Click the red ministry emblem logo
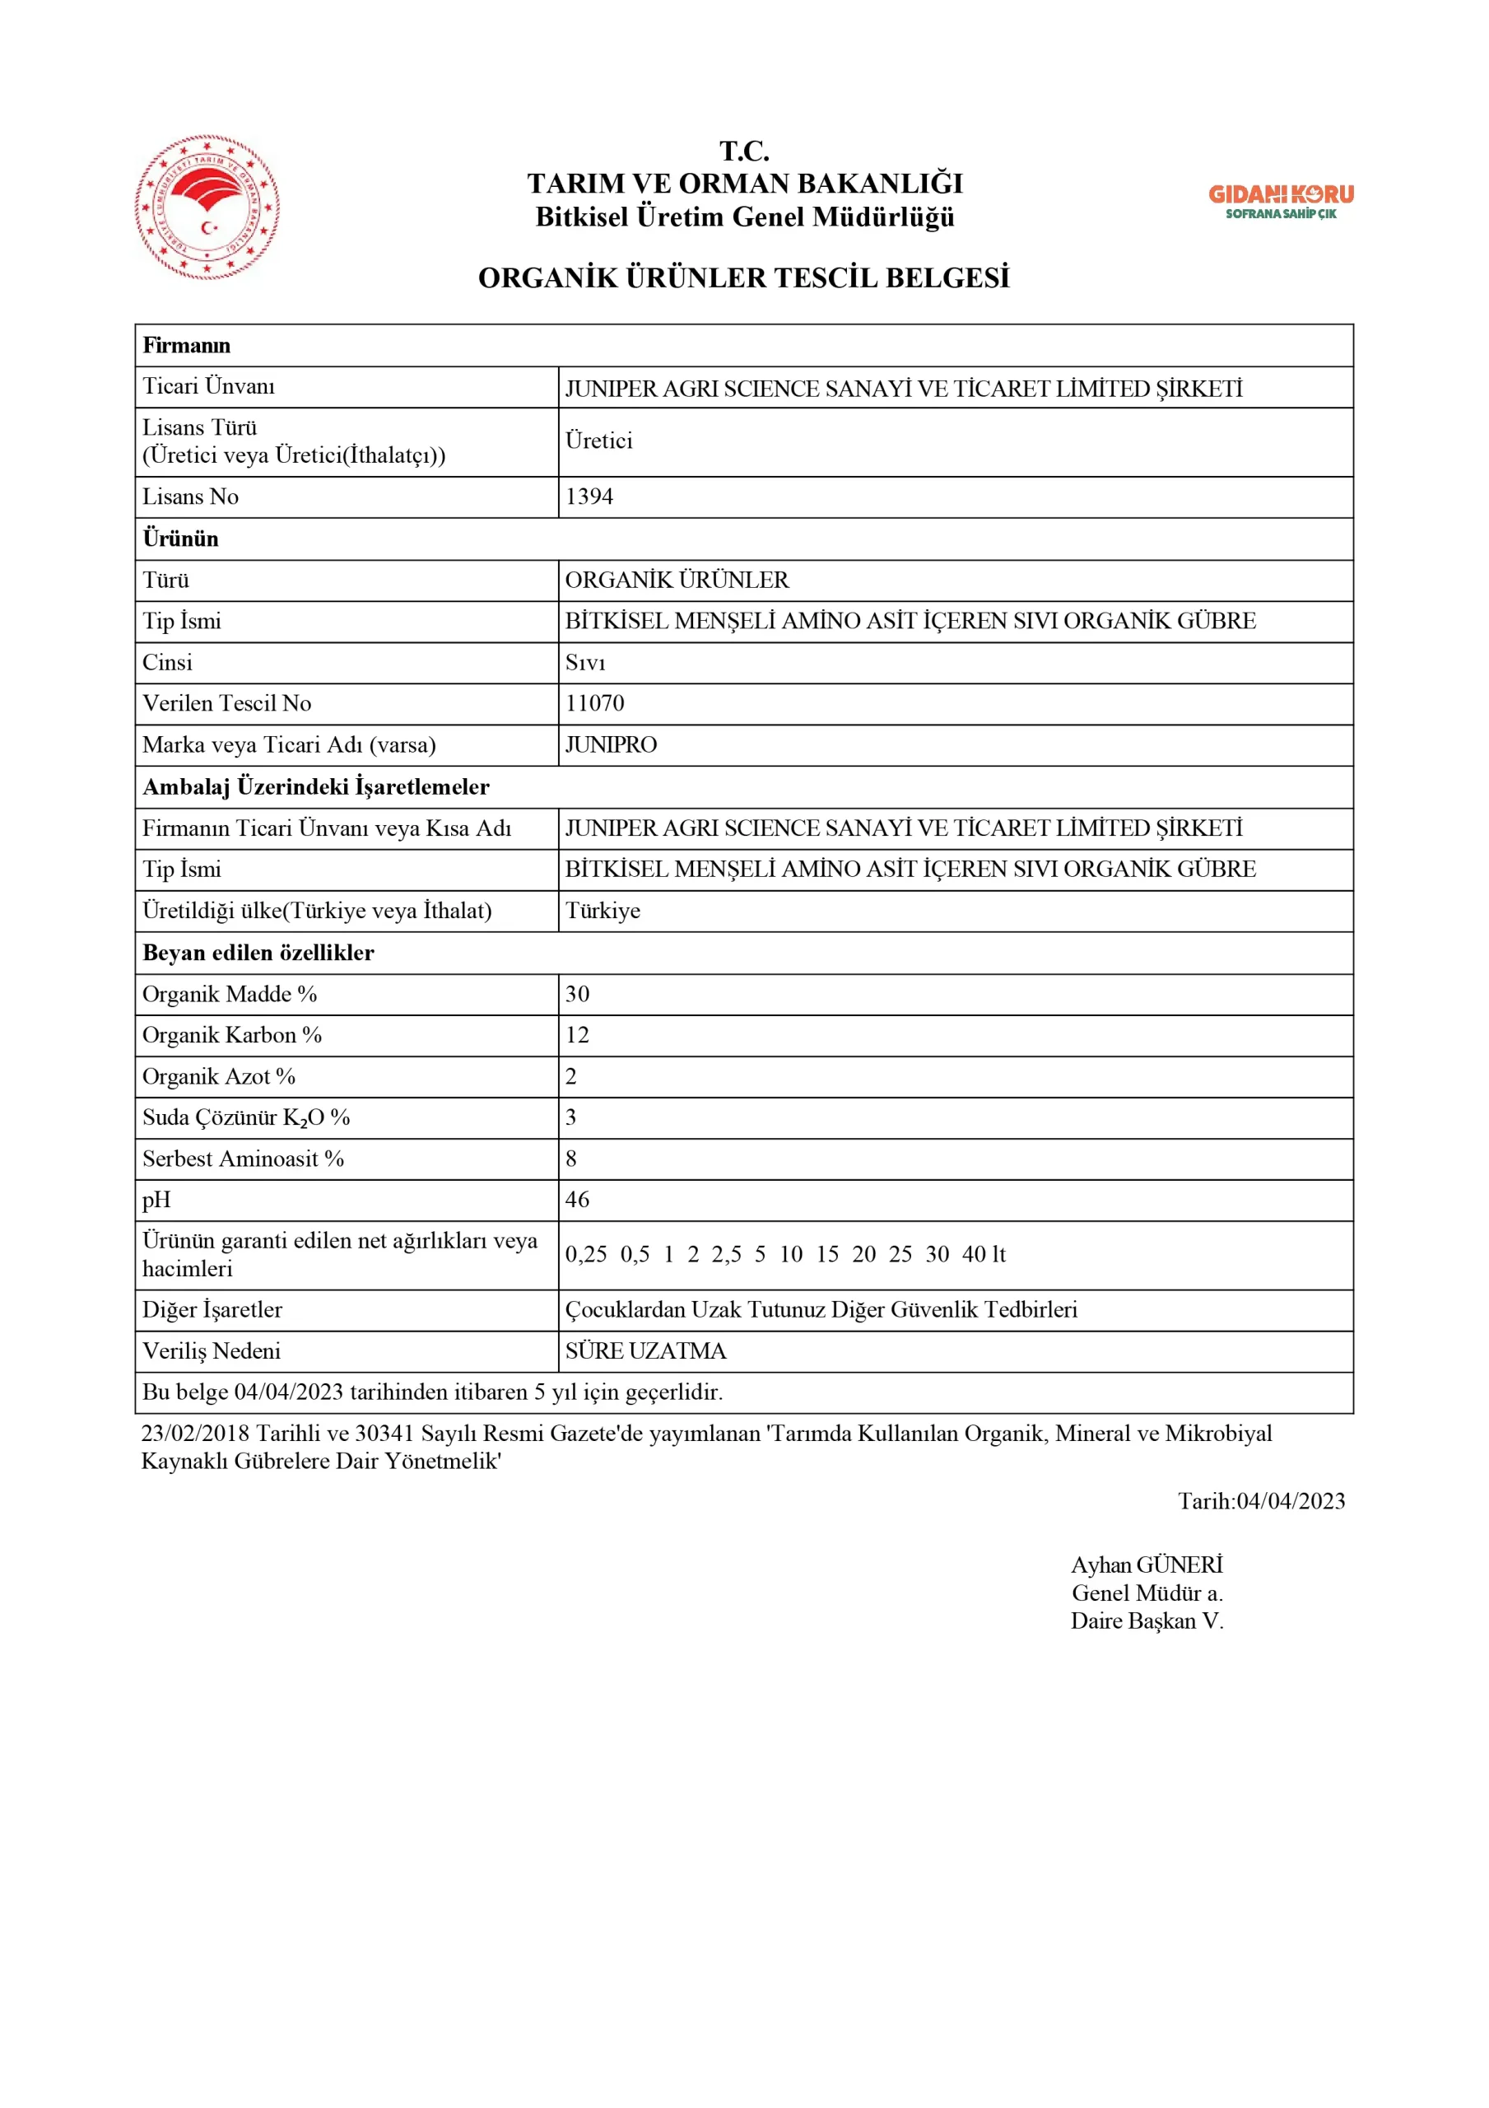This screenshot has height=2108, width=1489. (x=207, y=208)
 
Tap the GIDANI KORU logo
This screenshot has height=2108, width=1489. (x=1281, y=201)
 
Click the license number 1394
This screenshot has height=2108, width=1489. (x=589, y=497)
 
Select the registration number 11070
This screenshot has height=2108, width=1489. (x=595, y=703)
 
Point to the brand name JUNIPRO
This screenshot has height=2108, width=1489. (x=612, y=744)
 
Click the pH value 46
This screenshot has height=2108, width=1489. (x=578, y=1199)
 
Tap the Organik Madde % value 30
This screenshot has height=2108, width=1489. (x=578, y=993)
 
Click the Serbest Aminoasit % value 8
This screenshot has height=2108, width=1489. (x=571, y=1159)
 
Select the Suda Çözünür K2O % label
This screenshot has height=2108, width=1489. (x=246, y=1117)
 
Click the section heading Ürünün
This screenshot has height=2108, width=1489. (x=181, y=539)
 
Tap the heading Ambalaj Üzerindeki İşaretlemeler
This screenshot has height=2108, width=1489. (x=316, y=787)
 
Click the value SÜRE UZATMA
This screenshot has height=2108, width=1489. (x=645, y=1350)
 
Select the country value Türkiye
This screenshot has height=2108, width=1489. (x=603, y=911)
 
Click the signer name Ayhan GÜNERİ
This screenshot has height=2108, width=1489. (x=1147, y=1565)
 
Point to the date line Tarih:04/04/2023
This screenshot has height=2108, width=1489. (x=1261, y=1501)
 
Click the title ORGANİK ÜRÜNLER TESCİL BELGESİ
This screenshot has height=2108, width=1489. (x=743, y=278)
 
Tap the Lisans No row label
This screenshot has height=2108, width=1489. (x=191, y=497)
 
